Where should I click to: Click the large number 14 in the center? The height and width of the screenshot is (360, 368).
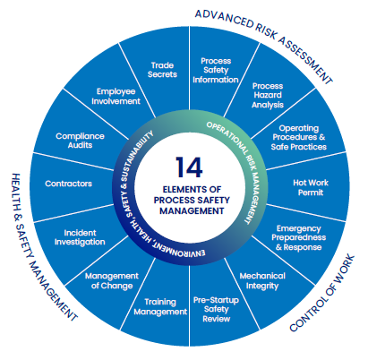pos(189,167)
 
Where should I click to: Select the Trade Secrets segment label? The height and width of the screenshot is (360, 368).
pos(162,70)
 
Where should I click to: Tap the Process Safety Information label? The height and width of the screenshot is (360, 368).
pos(216,71)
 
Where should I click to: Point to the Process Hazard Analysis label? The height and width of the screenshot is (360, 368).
pos(268,95)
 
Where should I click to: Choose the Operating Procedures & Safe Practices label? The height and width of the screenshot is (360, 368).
pos(298,137)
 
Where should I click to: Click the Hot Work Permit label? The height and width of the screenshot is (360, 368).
pos(311,187)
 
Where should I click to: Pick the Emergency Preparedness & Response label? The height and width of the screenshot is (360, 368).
pos(298,237)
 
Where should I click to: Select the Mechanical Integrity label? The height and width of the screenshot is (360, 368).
pos(262,281)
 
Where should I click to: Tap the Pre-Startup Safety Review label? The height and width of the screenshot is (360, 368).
pos(216,309)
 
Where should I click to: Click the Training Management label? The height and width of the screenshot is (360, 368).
pos(160,307)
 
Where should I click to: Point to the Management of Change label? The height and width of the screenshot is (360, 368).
pos(112,280)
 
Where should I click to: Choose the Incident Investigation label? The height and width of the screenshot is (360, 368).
pos(80,237)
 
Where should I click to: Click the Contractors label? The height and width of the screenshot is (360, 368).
pos(68,184)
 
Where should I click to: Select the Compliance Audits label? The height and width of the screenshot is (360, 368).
pos(80,141)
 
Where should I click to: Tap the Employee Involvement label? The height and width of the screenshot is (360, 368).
pos(116,96)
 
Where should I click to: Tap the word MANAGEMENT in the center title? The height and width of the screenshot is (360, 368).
pos(192,210)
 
